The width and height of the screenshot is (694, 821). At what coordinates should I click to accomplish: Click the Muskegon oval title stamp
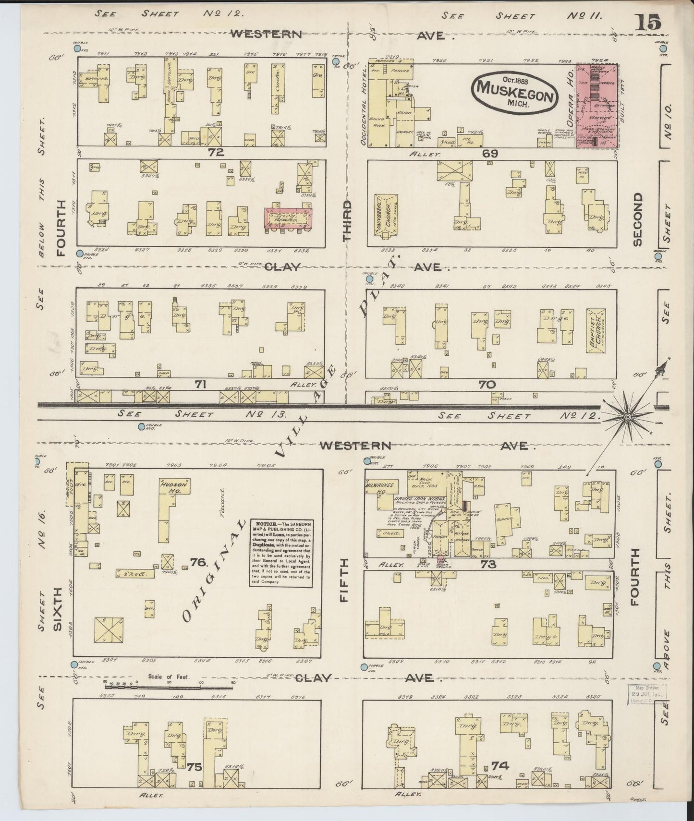tap(515, 93)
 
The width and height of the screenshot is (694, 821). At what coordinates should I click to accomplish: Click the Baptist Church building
tap(595, 331)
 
